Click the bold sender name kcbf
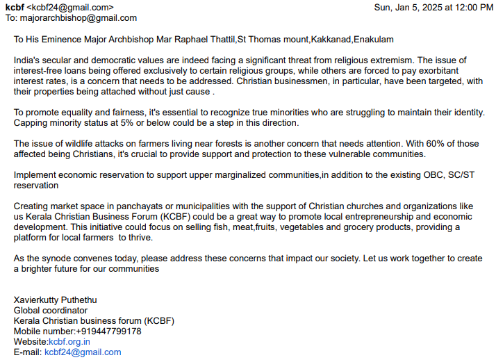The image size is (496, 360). click(x=15, y=7)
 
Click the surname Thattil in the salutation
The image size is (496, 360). click(x=219, y=40)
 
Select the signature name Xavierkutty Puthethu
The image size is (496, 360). click(x=56, y=300)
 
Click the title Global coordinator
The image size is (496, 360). click(x=51, y=311)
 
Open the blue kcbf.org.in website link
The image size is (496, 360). click(x=69, y=342)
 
